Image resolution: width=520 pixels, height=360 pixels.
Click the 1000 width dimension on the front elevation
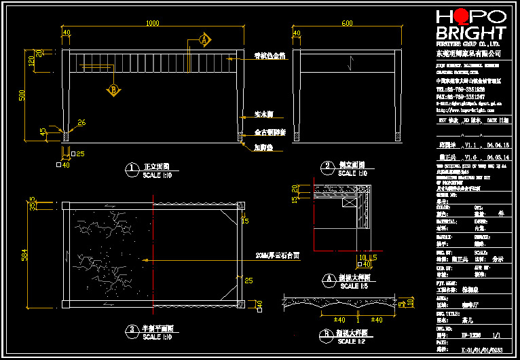pyautogui.click(x=153, y=24)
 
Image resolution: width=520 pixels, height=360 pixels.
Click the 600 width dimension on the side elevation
pyautogui.click(x=348, y=24)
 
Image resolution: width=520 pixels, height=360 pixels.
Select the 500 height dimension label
pyautogui.click(x=21, y=95)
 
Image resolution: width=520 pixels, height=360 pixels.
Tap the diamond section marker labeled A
pyautogui.click(x=203, y=39)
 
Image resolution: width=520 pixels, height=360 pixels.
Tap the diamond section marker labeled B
pyautogui.click(x=113, y=89)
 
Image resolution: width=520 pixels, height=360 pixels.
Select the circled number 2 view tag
pyautogui.click(x=327, y=166)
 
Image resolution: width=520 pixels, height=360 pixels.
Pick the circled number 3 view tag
pyautogui.click(x=132, y=331)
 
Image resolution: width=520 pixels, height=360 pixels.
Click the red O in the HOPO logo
pyautogui.click(x=461, y=16)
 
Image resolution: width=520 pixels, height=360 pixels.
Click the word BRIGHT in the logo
pyautogui.click(x=471, y=33)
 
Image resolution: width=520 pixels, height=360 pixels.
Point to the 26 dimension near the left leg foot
pyautogui.click(x=81, y=122)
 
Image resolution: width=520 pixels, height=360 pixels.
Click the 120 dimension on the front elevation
pyautogui.click(x=31, y=61)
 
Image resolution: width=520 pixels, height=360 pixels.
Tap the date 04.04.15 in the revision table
pyautogui.click(x=498, y=145)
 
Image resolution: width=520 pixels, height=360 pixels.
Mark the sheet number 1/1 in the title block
pyautogui.click(x=496, y=335)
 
